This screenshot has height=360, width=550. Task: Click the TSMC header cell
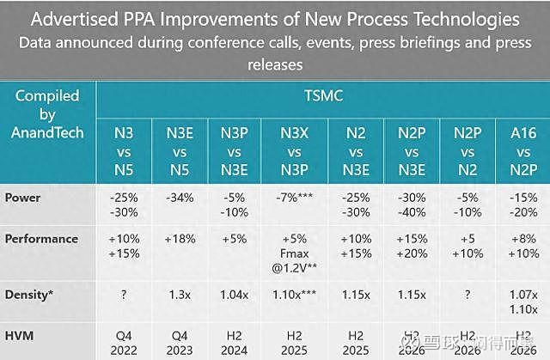pyautogui.click(x=322, y=95)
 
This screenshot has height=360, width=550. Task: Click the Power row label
pyautogui.click(x=24, y=197)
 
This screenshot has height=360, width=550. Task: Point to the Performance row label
pyautogui.click(x=41, y=238)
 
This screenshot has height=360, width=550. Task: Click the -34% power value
pyautogui.click(x=180, y=197)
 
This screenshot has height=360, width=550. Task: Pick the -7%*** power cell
pyautogui.click(x=295, y=197)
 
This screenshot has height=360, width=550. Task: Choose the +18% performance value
pyautogui.click(x=180, y=238)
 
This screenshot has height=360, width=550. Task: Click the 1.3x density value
pyautogui.click(x=180, y=293)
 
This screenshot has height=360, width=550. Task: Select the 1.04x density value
pyautogui.click(x=235, y=293)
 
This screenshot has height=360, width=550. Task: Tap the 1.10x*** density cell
pyautogui.click(x=295, y=293)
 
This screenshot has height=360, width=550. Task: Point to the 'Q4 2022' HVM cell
pyautogui.click(x=125, y=341)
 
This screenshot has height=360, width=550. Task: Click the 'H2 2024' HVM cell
pyautogui.click(x=235, y=341)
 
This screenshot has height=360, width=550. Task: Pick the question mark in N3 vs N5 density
pyautogui.click(x=125, y=293)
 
